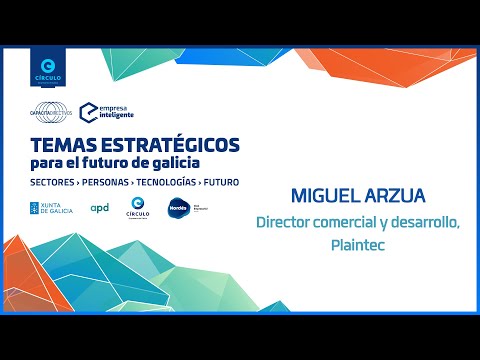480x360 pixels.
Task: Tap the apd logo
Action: [x=100, y=208]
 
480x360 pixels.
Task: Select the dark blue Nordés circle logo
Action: [x=179, y=208]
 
